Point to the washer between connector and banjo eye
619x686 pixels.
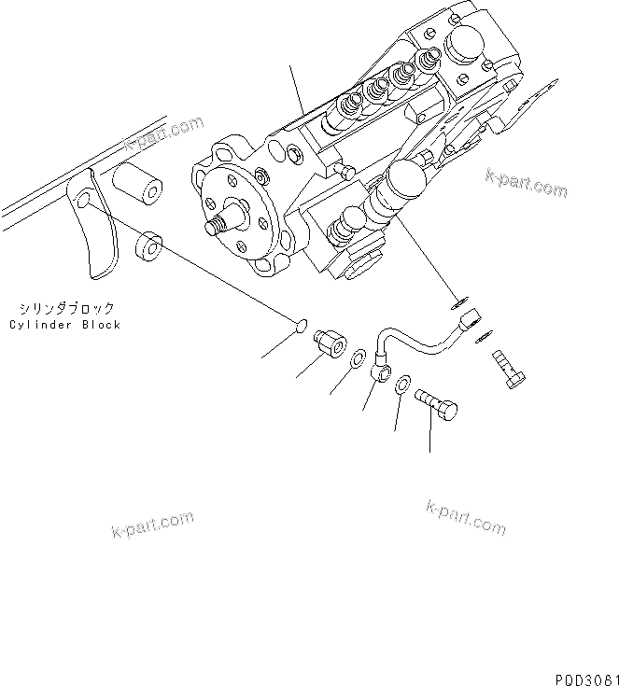357,358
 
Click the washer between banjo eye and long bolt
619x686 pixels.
402,385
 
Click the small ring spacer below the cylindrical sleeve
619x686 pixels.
149,249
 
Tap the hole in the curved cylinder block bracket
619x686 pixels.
85,202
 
